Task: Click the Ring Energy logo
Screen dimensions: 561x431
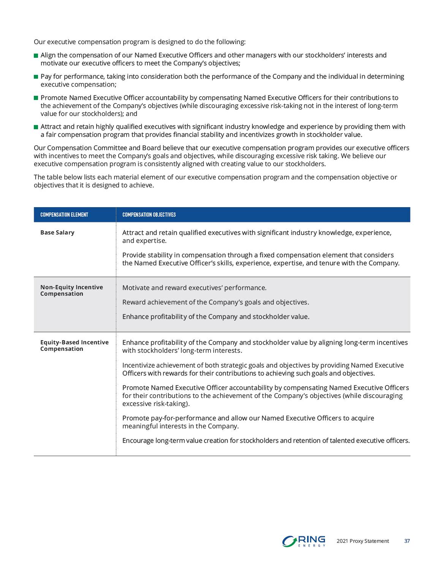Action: coord(304,541)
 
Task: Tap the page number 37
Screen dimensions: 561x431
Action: coord(407,541)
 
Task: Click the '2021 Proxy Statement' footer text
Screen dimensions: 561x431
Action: coord(363,541)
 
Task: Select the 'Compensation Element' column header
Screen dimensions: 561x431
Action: coord(64,215)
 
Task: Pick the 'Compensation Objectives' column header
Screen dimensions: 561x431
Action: coord(149,215)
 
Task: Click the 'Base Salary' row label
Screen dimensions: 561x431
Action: coord(57,233)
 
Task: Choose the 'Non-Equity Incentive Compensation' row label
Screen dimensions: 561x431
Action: coord(71,290)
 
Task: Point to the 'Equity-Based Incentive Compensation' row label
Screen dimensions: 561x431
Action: coord(74,345)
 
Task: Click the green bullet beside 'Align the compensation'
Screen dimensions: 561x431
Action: coord(36,55)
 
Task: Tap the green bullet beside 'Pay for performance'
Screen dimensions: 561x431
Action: coord(36,77)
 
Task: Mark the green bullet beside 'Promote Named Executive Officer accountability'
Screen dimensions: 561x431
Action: coord(36,98)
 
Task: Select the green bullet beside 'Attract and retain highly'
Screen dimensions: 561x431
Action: coord(36,127)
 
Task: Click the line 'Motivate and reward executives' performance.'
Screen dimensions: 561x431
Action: coord(194,288)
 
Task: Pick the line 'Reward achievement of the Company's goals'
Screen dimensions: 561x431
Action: coord(215,302)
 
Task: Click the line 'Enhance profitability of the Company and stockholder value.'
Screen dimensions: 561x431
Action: coord(215,317)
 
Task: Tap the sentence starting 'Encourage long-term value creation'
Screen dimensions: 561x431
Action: coord(266,441)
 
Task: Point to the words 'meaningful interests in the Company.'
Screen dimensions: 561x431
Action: coord(180,426)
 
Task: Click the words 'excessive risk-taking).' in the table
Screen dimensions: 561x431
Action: coord(156,404)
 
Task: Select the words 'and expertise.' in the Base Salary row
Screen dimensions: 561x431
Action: coord(144,241)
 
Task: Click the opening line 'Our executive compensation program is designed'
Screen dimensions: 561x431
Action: coord(139,42)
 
